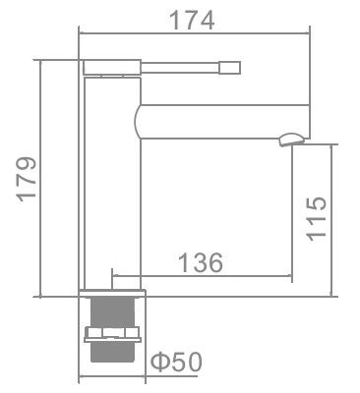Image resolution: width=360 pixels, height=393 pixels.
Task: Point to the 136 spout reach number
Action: tap(201, 262)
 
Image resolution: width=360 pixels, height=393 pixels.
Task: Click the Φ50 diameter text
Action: tap(177, 363)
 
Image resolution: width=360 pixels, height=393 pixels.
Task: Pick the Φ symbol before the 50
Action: tap(160, 363)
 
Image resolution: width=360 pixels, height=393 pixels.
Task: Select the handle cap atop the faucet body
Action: tap(111, 67)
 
